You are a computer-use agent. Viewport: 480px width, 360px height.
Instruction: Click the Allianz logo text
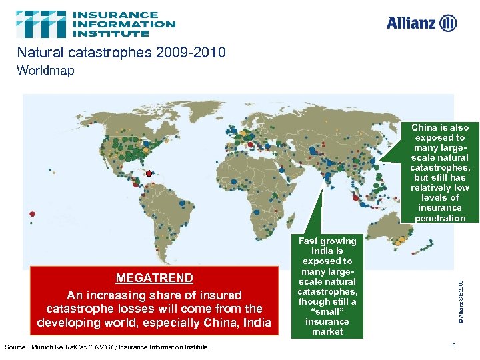pyautogui.click(x=411, y=23)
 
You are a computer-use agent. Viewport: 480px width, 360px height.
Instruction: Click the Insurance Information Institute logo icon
pyautogui.click(x=41, y=24)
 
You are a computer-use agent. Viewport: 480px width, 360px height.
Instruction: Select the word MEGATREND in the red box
pyautogui.click(x=154, y=278)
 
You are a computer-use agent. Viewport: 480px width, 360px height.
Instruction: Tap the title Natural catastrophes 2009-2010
pyautogui.click(x=121, y=53)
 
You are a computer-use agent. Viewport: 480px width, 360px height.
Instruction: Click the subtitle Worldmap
pyautogui.click(x=46, y=70)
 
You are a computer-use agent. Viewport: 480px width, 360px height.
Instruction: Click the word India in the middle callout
pyautogui.click(x=327, y=251)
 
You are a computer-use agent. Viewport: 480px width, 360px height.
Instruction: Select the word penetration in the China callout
pyautogui.click(x=440, y=218)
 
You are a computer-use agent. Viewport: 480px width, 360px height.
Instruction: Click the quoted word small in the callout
pyautogui.click(x=327, y=311)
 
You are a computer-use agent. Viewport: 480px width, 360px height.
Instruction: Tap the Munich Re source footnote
pyautogui.click(x=107, y=347)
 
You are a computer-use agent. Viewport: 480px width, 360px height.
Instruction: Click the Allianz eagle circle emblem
pyautogui.click(x=449, y=23)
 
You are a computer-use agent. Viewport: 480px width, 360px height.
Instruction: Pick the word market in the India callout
pyautogui.click(x=327, y=331)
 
